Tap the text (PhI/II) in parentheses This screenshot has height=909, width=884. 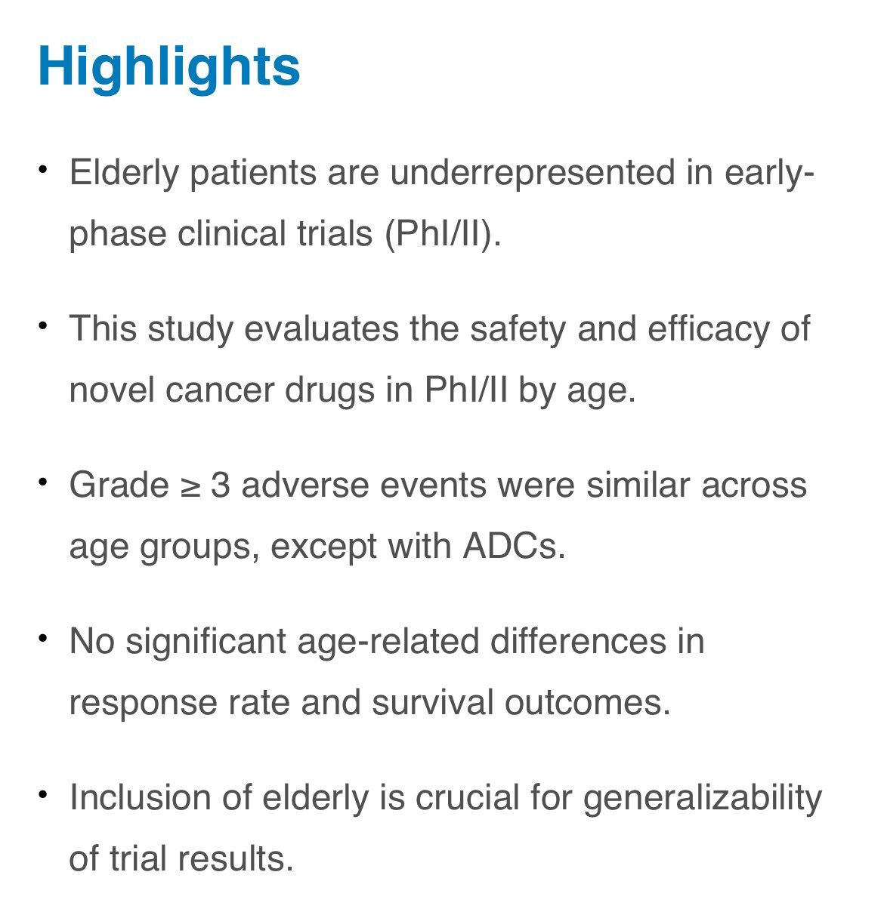click(x=442, y=233)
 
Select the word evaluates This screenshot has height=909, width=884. click(x=322, y=328)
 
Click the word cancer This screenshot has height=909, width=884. click(x=220, y=390)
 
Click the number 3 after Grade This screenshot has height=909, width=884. click(x=221, y=485)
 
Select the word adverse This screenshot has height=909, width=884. click(x=305, y=485)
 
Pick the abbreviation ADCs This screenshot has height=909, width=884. click(x=513, y=547)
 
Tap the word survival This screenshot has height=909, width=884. click(x=432, y=703)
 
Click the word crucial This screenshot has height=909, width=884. click(x=468, y=797)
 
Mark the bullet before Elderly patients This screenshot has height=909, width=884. click(x=43, y=169)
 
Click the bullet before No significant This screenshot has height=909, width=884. click(x=43, y=638)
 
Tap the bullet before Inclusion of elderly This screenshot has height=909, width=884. click(x=43, y=794)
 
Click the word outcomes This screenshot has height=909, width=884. click(x=587, y=703)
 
